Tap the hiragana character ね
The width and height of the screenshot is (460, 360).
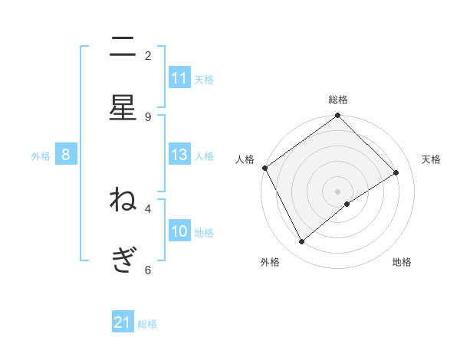tap(123, 200)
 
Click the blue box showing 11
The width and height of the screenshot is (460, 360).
tap(179, 78)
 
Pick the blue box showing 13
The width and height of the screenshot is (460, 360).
tap(179, 155)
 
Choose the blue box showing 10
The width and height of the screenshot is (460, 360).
tap(179, 231)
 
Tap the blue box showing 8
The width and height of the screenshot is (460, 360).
tap(66, 155)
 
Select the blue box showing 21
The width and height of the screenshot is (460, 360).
tap(123, 322)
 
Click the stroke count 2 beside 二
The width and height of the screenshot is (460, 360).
tap(148, 55)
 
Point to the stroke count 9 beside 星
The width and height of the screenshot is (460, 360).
tap(148, 116)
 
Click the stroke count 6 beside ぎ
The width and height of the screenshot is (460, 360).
tap(148, 270)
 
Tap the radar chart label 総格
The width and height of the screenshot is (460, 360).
tap(338, 100)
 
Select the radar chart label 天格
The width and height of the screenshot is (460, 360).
tap(431, 159)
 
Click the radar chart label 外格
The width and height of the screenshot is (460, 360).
tap(270, 263)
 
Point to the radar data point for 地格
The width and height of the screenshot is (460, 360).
tap(347, 204)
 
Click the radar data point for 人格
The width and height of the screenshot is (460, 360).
tap(264, 168)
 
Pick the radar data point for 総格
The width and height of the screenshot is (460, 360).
tap(338, 116)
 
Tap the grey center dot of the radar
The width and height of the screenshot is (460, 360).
tap(338, 191)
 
